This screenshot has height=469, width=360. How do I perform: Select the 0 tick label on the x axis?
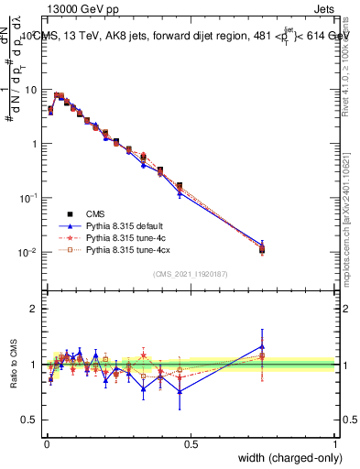(46, 443)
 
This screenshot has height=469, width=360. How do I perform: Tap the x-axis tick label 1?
(335, 443)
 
